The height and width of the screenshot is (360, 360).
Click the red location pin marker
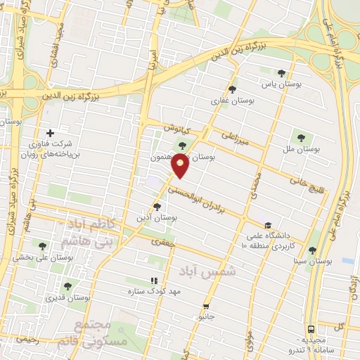(x=181, y=165)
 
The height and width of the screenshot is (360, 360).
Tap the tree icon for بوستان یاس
(x=282, y=73)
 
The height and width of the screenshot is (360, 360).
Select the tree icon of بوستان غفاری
(x=232, y=89)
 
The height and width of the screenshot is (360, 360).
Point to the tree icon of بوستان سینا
(x=311, y=250)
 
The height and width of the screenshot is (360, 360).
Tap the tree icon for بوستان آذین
(x=157, y=207)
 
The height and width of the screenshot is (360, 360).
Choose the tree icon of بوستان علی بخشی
(x=42, y=246)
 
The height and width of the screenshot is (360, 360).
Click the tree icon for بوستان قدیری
(x=67, y=286)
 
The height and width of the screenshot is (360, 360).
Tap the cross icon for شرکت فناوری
(x=49, y=133)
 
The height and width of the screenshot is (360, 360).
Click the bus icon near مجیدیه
(x=310, y=328)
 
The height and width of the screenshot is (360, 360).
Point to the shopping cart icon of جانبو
(x=205, y=306)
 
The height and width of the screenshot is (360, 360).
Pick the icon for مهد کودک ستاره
(x=154, y=281)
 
